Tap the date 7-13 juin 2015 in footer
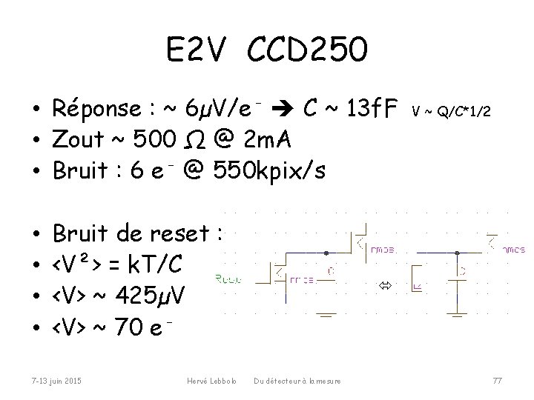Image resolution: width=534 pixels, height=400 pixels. click(56, 381)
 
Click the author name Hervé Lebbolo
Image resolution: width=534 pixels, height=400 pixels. click(211, 381)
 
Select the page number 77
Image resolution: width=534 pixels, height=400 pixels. click(497, 381)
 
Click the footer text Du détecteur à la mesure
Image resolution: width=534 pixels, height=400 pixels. click(297, 381)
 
